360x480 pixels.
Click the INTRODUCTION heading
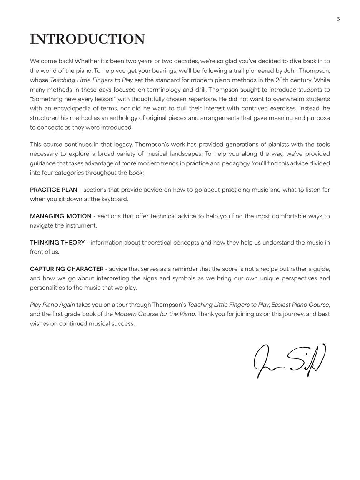(87, 39)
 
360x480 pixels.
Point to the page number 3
(338, 19)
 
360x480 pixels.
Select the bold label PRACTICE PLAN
(54, 190)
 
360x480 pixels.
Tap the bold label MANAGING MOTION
(60, 216)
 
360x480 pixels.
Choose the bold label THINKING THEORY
(57, 242)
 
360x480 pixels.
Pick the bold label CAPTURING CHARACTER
(67, 269)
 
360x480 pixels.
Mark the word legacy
(122, 145)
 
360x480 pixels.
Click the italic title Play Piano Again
(52, 305)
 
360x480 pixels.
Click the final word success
(122, 324)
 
